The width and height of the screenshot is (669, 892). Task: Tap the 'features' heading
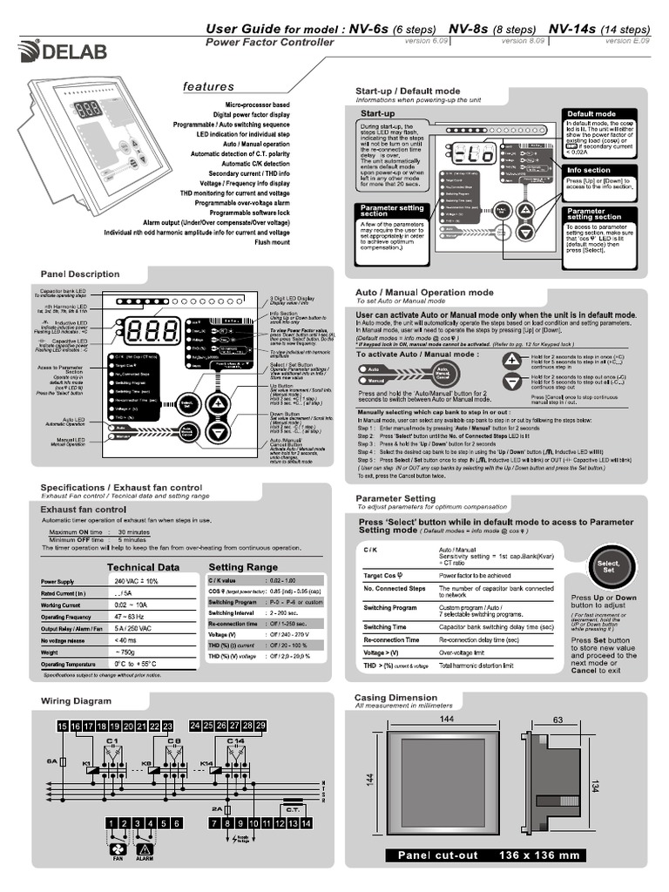208,86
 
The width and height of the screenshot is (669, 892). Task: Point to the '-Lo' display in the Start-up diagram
474,159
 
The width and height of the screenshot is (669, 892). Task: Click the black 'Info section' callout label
589,171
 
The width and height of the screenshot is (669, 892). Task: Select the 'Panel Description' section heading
80,274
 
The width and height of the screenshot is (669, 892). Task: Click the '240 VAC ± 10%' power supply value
135,581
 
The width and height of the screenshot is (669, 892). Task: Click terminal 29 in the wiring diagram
260,725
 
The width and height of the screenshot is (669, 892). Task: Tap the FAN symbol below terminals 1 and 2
118,851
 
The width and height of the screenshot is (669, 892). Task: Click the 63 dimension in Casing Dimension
558,719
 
